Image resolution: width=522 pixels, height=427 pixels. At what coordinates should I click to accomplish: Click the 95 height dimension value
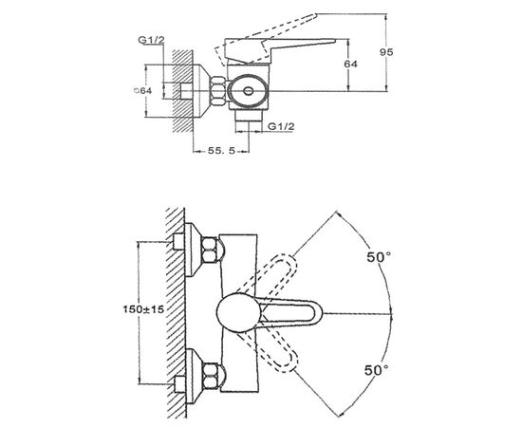click(x=386, y=52)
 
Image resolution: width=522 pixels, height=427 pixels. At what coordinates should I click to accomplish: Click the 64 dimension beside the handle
click(x=351, y=64)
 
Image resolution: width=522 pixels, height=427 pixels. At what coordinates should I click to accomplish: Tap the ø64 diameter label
click(x=142, y=90)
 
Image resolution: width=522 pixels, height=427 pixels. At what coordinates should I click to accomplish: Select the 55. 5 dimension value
click(x=222, y=151)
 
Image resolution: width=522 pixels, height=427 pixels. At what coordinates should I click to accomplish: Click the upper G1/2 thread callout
click(x=152, y=40)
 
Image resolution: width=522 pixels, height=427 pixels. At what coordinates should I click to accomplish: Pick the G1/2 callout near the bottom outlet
click(x=281, y=126)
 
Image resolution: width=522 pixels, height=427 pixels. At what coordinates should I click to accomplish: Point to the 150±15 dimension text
click(x=144, y=309)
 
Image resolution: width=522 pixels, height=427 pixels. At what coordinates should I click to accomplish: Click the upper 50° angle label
click(x=379, y=257)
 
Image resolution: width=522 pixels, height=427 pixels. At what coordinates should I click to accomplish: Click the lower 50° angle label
click(x=377, y=370)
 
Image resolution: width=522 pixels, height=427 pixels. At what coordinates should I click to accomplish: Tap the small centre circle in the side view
click(x=248, y=91)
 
